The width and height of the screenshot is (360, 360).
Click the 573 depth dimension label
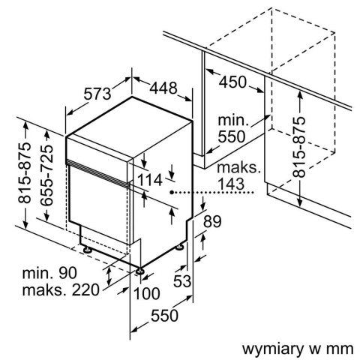pos(97,94)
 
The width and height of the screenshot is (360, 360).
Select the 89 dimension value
pos(212,221)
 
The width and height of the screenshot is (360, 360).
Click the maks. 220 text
pos(59,290)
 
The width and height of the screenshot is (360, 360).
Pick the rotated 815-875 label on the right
pos(301,145)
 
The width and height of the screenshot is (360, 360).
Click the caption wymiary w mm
pos(295,349)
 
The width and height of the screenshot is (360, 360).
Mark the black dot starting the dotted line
pos(172,193)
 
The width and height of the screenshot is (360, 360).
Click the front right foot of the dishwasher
pos(140,269)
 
